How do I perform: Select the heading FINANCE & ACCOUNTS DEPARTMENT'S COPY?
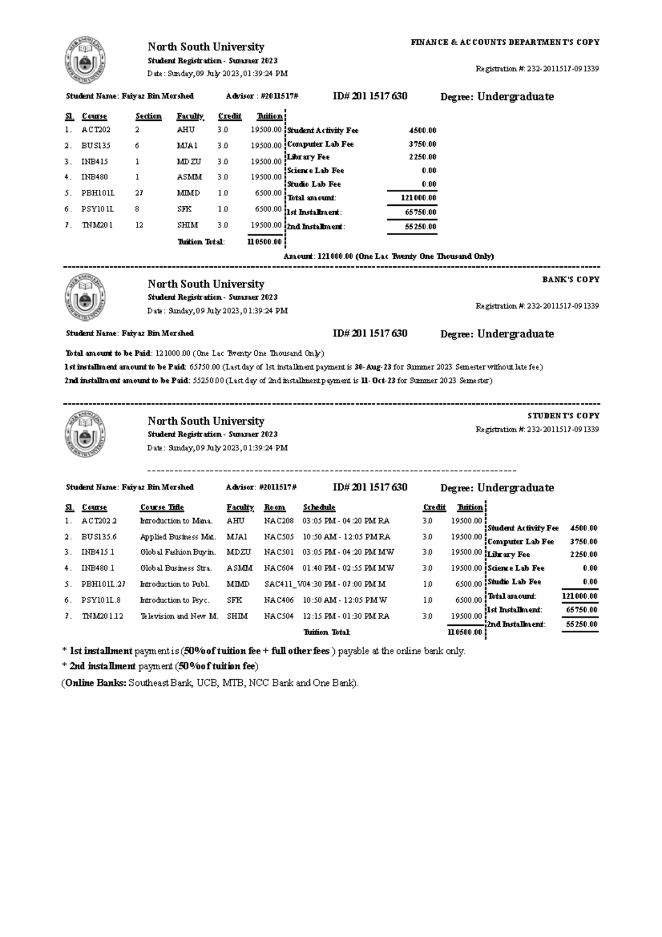click(505, 42)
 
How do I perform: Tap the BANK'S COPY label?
click(570, 280)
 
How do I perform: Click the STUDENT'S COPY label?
click(563, 416)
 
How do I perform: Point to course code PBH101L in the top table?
click(98, 193)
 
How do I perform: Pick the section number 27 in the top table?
click(139, 193)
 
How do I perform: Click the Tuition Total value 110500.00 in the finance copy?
click(264, 242)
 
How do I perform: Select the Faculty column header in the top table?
click(190, 116)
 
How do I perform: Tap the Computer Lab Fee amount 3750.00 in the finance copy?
click(422, 144)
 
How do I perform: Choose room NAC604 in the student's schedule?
click(279, 568)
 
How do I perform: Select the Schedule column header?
click(319, 507)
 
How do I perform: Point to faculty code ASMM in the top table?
click(189, 177)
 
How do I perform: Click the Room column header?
click(274, 507)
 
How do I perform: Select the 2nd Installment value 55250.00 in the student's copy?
click(581, 624)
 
